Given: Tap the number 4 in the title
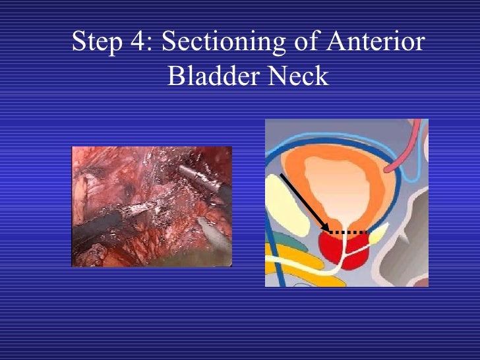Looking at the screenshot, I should click(140, 44).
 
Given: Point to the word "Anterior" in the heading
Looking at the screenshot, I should click(373, 44).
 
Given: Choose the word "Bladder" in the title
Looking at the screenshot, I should click(212, 77).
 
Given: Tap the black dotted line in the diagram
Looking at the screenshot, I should click(349, 233).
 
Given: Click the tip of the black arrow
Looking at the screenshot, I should click(328, 231).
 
